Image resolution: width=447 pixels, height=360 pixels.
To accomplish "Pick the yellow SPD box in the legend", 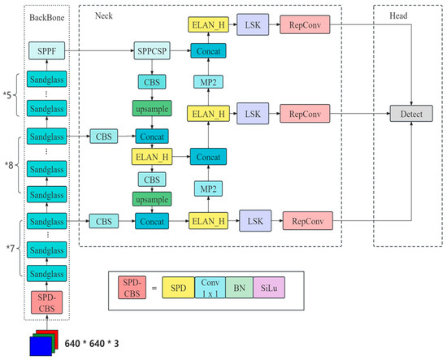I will click(x=183, y=288).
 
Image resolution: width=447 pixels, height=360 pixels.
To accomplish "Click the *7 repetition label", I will click(x=11, y=243).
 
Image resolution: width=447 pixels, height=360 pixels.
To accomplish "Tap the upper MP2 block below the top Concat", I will click(x=207, y=81).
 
